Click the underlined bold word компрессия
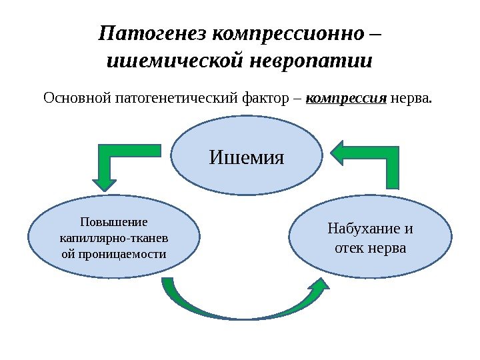347,99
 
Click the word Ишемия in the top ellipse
246,158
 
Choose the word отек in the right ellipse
347,249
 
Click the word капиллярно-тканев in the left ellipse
114,238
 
